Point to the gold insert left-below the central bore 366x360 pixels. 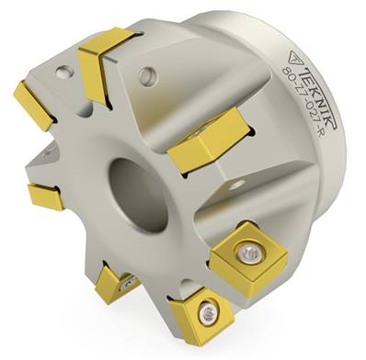[x=45, y=196]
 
